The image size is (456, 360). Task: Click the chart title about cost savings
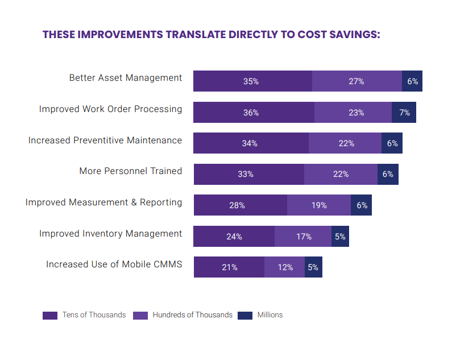[x=211, y=34]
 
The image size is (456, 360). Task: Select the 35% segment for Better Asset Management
[x=252, y=81]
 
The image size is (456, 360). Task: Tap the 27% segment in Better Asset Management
[x=356, y=81]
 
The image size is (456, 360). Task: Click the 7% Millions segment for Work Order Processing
[x=404, y=113]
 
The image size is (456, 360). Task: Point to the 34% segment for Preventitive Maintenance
[x=251, y=143]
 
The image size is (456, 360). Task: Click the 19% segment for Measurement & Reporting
[x=319, y=205]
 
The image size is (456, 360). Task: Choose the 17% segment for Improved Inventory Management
[x=303, y=237]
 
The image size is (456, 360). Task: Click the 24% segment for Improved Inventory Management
[x=234, y=237]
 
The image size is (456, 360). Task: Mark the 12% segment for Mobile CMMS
[x=284, y=267]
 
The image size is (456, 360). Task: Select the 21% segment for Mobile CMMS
[x=229, y=267]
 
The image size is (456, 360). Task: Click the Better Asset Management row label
[x=126, y=78]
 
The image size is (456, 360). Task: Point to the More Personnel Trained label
[x=131, y=171]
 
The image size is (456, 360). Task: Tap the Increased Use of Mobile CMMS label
[x=114, y=264]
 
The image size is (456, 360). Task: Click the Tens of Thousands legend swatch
[x=50, y=315]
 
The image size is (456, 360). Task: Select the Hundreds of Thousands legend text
[x=192, y=315]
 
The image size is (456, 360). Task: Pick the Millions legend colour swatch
[x=245, y=315]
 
